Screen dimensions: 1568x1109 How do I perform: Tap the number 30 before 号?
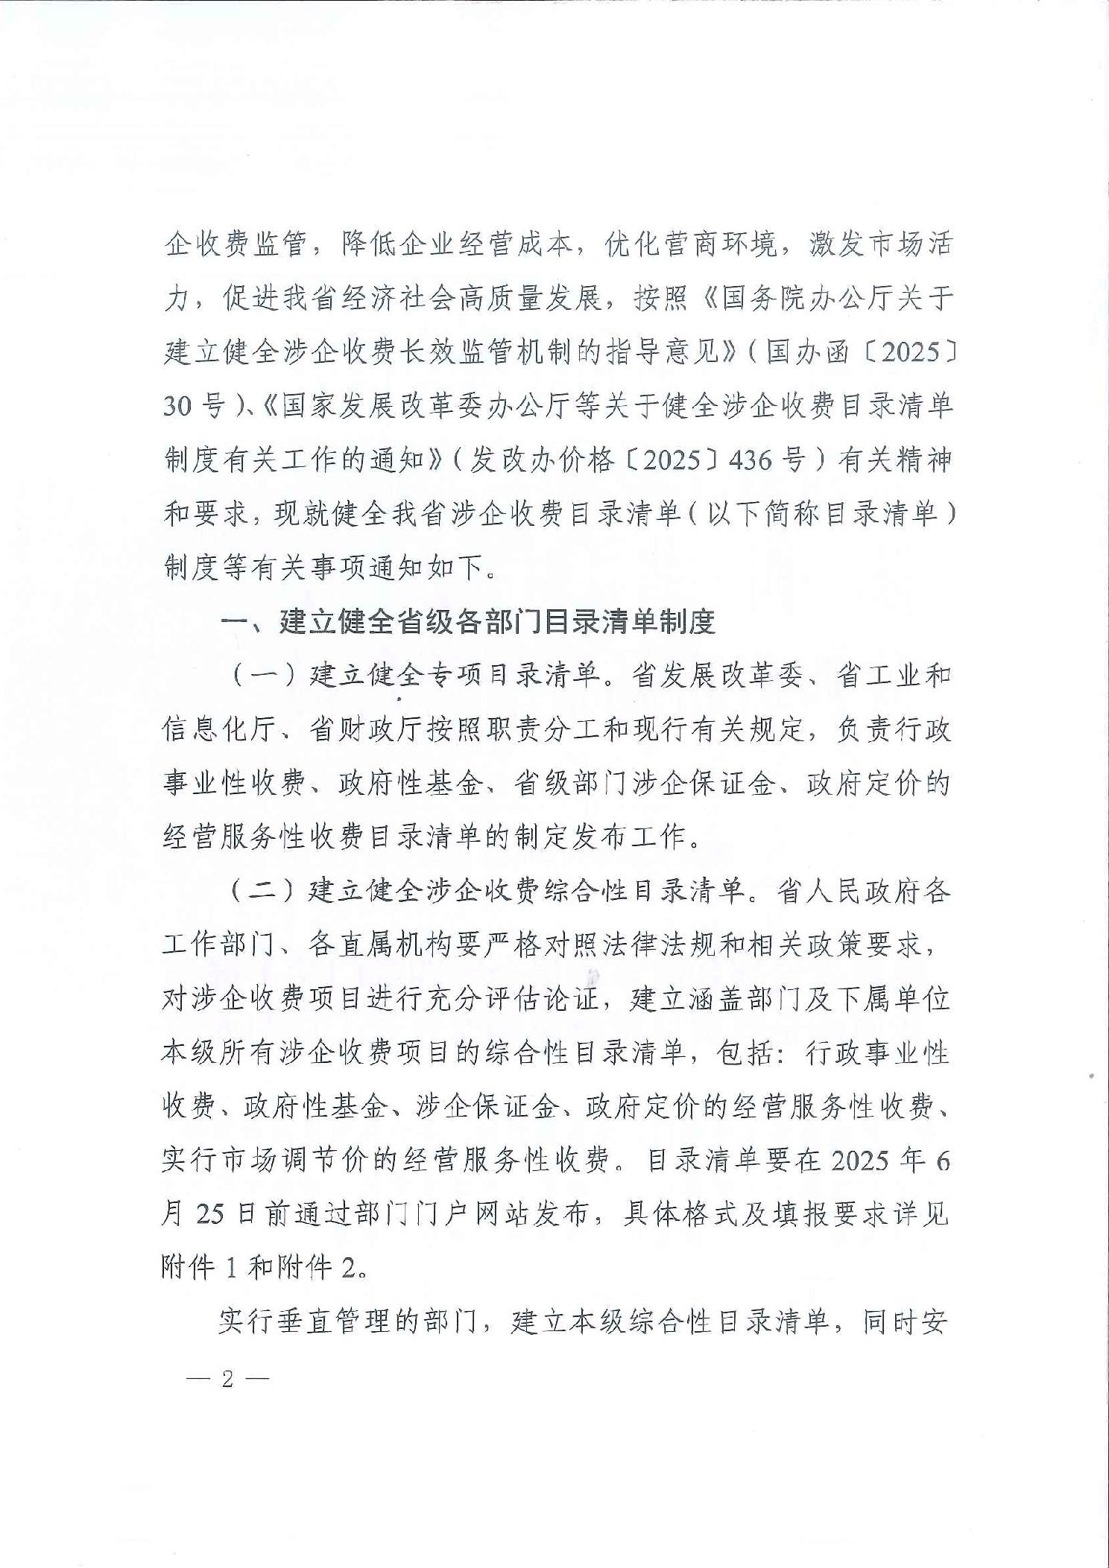tap(178, 406)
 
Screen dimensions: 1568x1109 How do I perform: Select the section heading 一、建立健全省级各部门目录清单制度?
tap(468, 622)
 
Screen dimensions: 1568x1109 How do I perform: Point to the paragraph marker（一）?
tap(259, 676)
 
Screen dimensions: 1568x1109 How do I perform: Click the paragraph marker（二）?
tap(259, 892)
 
